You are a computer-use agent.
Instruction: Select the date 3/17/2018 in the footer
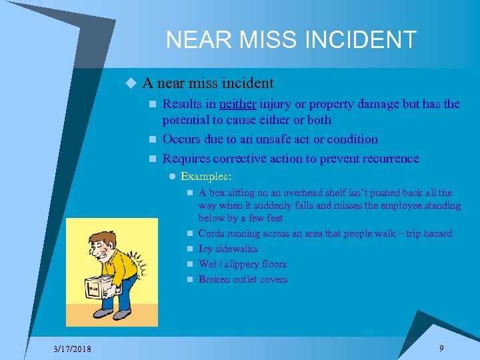click(x=73, y=349)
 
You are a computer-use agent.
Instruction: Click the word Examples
click(x=205, y=177)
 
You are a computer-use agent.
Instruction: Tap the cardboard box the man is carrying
click(x=99, y=286)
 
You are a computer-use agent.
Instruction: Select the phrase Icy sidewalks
click(x=228, y=249)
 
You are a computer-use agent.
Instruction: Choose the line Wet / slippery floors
click(x=243, y=264)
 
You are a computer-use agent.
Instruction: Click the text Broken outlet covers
click(x=243, y=279)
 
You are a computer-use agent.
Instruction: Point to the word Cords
click(x=211, y=233)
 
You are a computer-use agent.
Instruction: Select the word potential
click(x=187, y=120)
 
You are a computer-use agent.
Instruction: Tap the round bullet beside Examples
click(x=172, y=177)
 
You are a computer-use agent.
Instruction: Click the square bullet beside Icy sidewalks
click(x=190, y=249)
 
